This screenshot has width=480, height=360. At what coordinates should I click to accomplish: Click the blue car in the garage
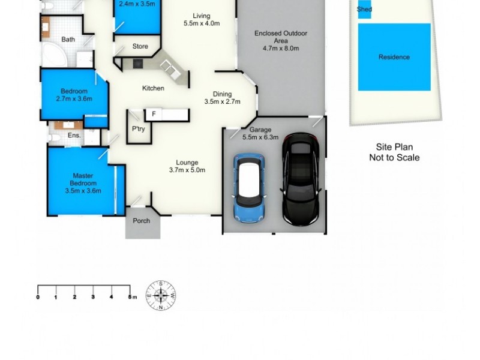(x=249, y=187)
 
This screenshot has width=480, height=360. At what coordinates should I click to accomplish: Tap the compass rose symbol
(x=161, y=295)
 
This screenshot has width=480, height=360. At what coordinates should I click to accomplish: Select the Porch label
(x=142, y=221)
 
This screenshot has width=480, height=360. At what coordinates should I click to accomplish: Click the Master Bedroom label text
(x=83, y=183)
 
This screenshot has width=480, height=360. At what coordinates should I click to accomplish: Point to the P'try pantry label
(x=139, y=129)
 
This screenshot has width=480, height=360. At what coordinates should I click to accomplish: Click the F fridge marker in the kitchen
(x=154, y=114)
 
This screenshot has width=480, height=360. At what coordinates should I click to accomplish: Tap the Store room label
(x=140, y=46)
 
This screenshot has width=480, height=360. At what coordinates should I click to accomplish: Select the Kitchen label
(x=153, y=89)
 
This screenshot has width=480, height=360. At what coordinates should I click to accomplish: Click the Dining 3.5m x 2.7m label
(x=222, y=98)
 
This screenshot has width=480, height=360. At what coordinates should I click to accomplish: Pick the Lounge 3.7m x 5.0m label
(x=187, y=166)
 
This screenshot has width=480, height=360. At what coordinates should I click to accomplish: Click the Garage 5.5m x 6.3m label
(x=260, y=133)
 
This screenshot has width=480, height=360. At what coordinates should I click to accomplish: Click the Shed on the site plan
(x=364, y=10)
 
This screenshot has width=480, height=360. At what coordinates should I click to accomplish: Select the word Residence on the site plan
(x=394, y=58)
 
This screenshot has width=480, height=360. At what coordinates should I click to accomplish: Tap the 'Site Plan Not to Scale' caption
(x=394, y=152)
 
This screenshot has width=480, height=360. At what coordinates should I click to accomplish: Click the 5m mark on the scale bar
(x=130, y=297)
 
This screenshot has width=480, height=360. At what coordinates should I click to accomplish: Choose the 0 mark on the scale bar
(x=38, y=297)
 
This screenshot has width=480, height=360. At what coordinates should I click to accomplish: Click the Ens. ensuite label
(x=74, y=136)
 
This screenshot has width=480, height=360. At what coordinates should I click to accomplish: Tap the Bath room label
(x=68, y=40)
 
